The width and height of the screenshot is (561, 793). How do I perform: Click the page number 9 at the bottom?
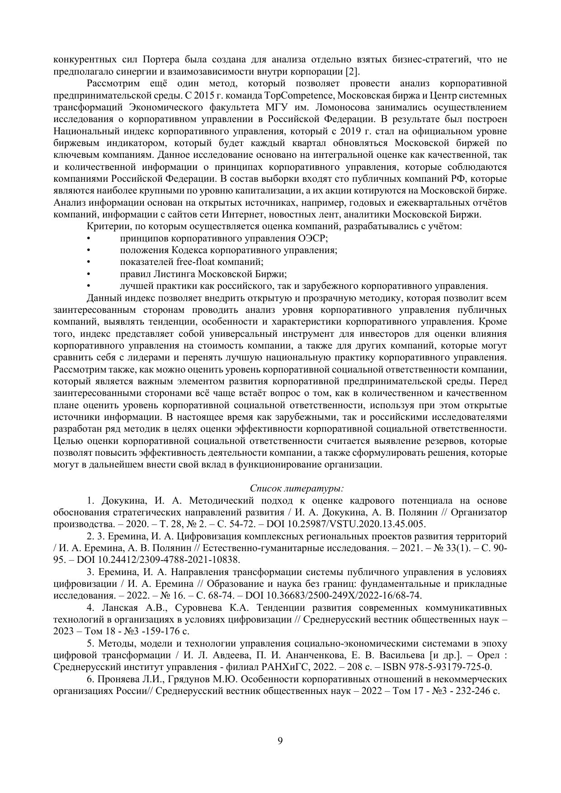[280, 741]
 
